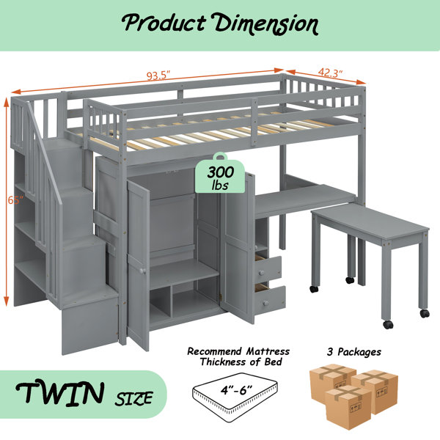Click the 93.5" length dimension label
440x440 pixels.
pos(158,76)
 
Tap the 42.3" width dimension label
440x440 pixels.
pos(330,73)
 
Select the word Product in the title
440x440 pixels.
pos(164,23)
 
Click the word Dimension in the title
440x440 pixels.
pos(266,24)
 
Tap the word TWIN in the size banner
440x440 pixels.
pos(60,392)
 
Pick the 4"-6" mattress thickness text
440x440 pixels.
pos(236,390)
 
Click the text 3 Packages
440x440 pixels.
pos(354,352)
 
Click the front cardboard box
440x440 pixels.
pos(348,406)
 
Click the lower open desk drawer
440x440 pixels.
pos(269,299)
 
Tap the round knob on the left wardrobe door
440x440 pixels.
pos(142,271)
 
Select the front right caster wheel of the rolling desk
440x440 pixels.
pos(389,325)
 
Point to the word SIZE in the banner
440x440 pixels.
pos(133,398)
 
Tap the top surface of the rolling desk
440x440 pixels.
pos(370,221)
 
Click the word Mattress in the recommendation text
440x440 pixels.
pos(268,351)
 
